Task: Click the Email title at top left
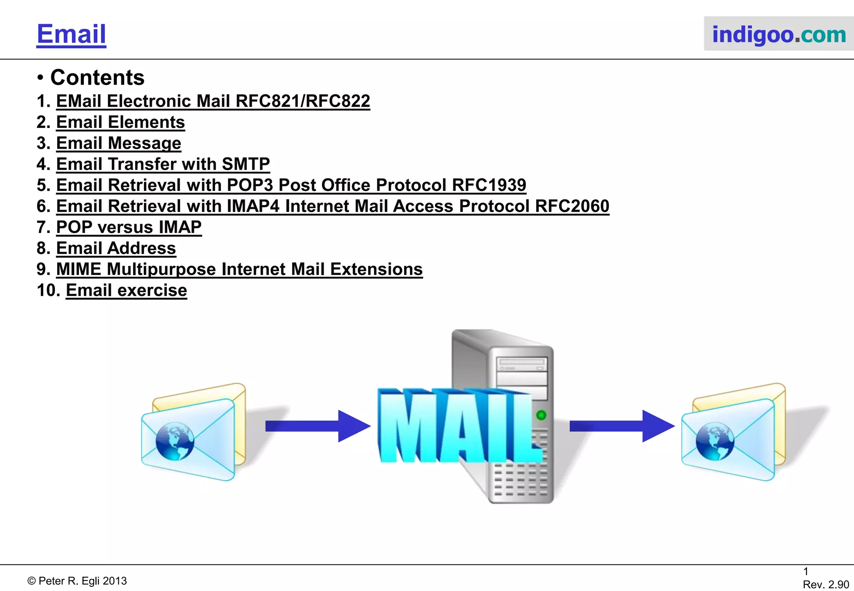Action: click(71, 34)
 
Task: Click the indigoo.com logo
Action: click(779, 34)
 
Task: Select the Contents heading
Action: click(97, 78)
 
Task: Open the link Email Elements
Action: click(120, 122)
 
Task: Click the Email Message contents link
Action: click(118, 143)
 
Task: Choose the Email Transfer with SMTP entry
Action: click(163, 164)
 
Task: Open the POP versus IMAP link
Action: click(128, 227)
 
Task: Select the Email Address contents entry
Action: click(116, 248)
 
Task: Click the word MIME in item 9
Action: click(78, 269)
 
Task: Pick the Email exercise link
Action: click(126, 290)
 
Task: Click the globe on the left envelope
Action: click(175, 441)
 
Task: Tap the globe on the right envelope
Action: click(715, 441)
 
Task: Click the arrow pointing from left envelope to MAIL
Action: click(317, 426)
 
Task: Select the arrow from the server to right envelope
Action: click(621, 426)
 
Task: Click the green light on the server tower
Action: click(541, 415)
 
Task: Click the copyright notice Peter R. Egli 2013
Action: click(77, 581)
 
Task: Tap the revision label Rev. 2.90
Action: click(826, 584)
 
